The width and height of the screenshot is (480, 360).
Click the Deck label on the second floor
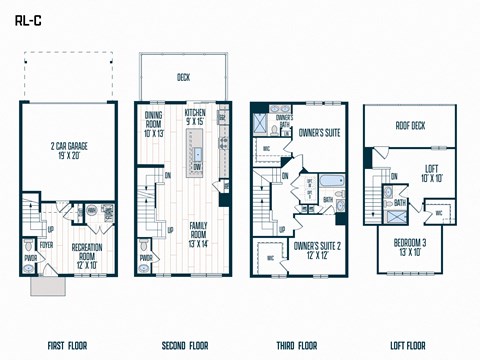coord(183,76)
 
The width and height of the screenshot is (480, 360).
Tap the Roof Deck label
coord(410,127)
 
